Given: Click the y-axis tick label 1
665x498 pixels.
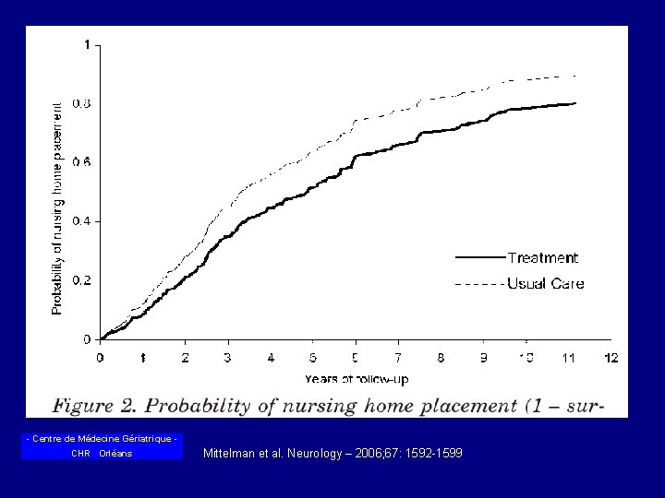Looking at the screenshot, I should click(x=87, y=44).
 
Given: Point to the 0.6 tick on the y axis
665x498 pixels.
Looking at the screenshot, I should click(x=83, y=162).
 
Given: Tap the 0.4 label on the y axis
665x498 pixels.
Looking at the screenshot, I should click(x=83, y=221).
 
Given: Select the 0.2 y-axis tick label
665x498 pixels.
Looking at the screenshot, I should click(x=83, y=280).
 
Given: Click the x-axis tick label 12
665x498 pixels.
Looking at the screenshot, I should click(x=611, y=357).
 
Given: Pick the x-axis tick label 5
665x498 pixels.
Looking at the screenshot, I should click(x=313, y=357).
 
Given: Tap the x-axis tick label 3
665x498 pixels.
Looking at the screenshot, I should click(x=228, y=357).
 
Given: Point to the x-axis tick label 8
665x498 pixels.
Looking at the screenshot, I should click(x=441, y=357).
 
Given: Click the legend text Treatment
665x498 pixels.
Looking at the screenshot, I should click(x=542, y=258).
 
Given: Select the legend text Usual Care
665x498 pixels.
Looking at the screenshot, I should click(x=545, y=284).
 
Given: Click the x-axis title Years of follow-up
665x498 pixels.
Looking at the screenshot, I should click(x=356, y=378).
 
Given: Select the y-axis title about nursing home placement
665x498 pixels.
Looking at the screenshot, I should click(x=57, y=208).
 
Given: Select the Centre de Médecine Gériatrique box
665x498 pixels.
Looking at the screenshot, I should click(x=102, y=446).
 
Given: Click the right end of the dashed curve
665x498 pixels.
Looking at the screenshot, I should click(x=576, y=76).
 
